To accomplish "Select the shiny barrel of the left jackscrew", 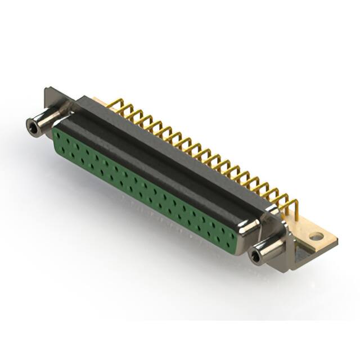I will click(45, 119).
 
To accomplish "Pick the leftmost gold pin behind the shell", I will click(113, 104).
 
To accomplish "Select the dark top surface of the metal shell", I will click(169, 146).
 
